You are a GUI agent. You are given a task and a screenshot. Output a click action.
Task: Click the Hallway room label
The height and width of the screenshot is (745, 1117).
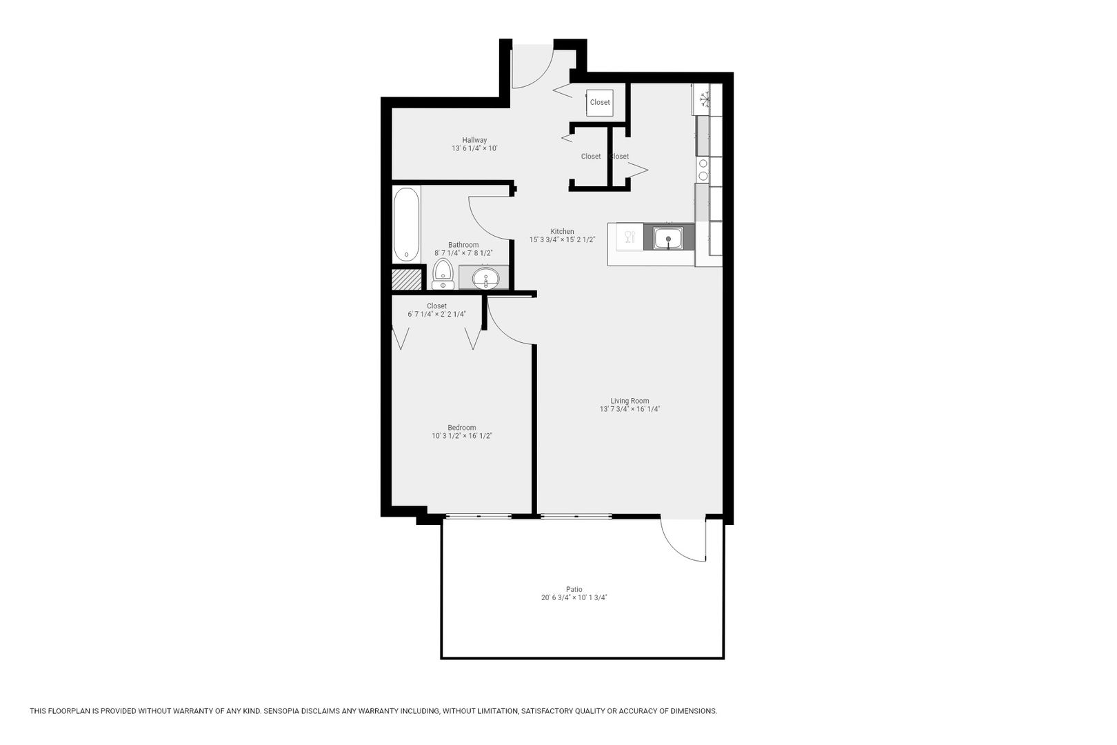point(474,140)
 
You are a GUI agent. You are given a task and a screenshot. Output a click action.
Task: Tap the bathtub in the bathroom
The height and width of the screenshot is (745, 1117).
point(406,224)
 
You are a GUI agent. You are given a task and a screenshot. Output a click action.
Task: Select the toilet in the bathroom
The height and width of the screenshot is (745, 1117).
point(443,274)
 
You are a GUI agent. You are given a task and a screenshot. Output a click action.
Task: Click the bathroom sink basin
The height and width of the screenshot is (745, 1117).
point(485,278)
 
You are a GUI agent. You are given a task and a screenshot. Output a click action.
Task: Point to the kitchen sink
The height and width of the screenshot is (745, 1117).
point(668,237)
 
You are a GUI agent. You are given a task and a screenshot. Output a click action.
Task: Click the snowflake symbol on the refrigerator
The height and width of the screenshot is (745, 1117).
point(705,100)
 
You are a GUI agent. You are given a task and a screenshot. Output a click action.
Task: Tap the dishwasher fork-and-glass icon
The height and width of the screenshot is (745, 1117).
point(630,237)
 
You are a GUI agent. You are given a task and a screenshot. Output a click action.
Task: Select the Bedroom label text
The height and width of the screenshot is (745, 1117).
point(462,428)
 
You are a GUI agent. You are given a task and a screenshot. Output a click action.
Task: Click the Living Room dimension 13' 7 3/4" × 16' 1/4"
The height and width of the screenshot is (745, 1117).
point(630,409)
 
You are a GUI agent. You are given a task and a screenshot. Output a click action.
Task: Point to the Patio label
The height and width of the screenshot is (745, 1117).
point(574,589)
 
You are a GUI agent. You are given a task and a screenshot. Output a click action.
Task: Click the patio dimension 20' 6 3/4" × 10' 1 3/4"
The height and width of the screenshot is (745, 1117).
point(574,598)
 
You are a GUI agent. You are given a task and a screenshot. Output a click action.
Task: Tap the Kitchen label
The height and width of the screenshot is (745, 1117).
point(562,232)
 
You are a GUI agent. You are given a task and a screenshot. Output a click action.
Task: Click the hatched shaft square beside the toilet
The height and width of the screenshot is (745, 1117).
point(406,279)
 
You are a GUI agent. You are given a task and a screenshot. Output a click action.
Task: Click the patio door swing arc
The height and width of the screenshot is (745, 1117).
point(676,547)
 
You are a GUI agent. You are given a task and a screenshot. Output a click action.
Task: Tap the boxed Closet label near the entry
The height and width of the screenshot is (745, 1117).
point(600,102)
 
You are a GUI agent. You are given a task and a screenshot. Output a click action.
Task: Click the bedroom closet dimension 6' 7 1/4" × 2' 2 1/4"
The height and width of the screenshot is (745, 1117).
point(437,315)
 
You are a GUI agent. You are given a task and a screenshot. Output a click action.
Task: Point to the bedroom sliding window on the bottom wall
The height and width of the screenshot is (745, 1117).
point(479,516)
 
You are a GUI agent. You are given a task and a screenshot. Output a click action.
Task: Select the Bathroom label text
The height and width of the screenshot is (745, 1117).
point(463,245)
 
